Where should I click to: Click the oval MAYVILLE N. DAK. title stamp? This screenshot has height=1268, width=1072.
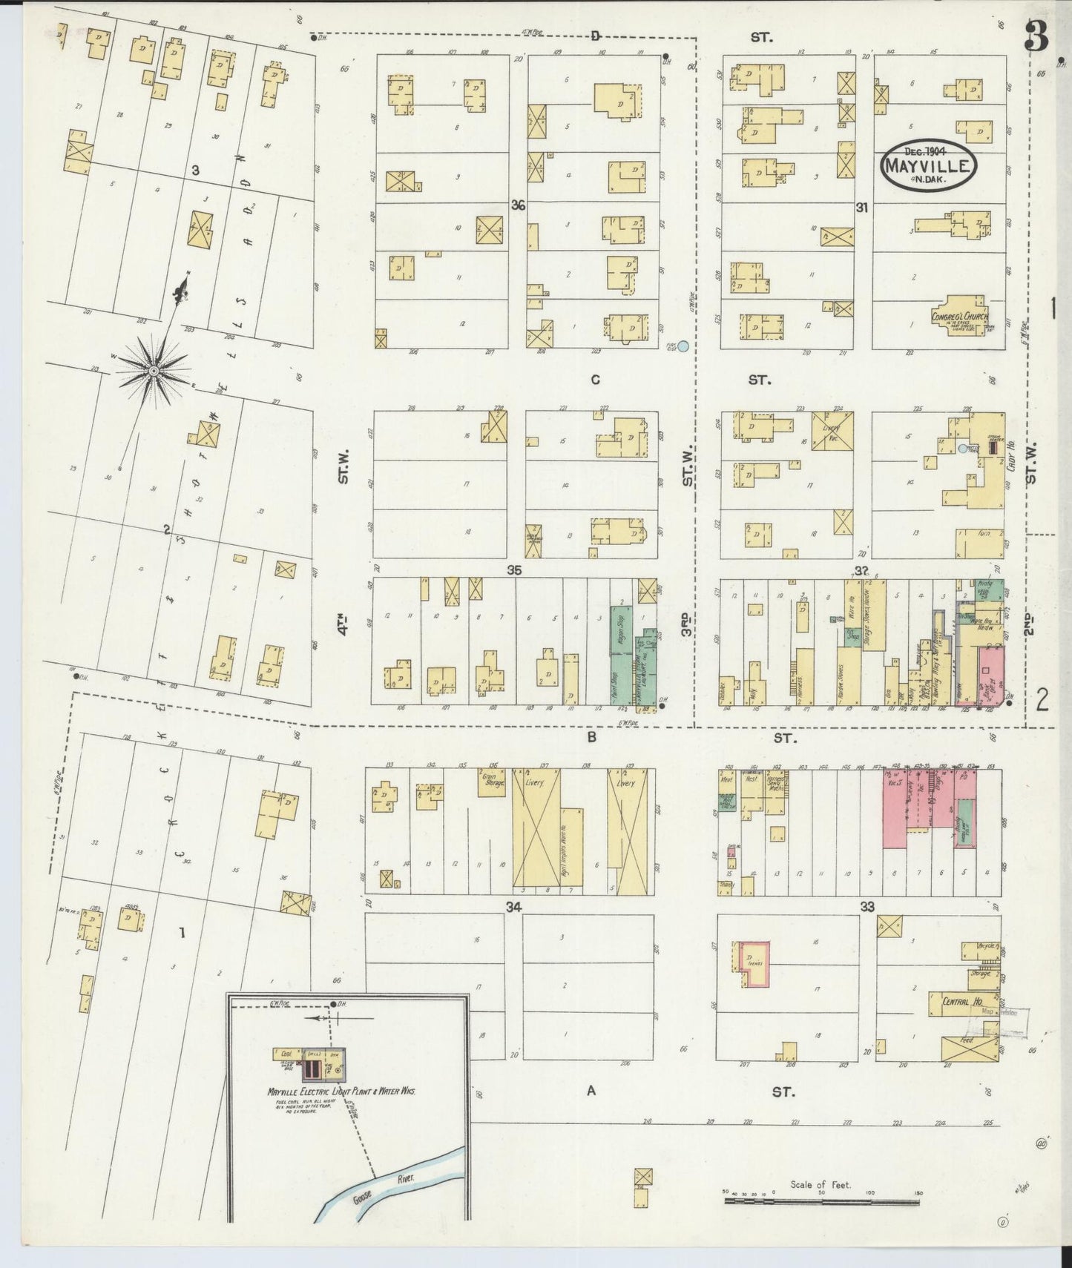(930, 165)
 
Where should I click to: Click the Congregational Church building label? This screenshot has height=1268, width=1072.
(958, 316)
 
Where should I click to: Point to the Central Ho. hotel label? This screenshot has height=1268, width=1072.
(958, 1002)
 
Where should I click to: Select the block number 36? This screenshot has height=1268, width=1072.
(518, 205)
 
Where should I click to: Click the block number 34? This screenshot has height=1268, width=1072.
(514, 906)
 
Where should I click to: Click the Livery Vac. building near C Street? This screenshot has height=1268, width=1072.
(833, 430)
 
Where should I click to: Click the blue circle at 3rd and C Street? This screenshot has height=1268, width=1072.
(683, 346)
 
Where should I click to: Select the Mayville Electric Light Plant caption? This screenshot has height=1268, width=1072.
(341, 1092)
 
